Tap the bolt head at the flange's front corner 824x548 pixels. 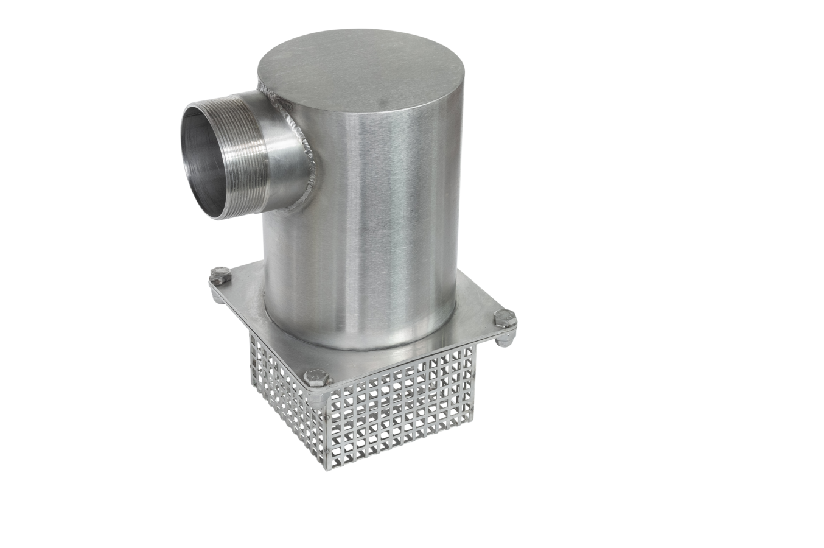coord(316,378)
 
